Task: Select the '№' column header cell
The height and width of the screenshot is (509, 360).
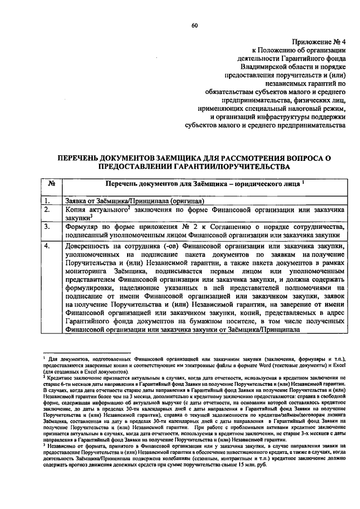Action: (x=51, y=183)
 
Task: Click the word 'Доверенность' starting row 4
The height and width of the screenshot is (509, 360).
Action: (x=89, y=246)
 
